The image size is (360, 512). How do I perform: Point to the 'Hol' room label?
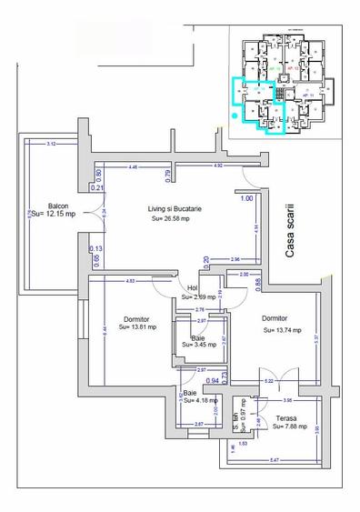click(x=193, y=287)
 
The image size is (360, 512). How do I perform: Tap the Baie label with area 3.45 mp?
click(x=197, y=337)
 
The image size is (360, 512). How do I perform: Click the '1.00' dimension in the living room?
click(x=247, y=198)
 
